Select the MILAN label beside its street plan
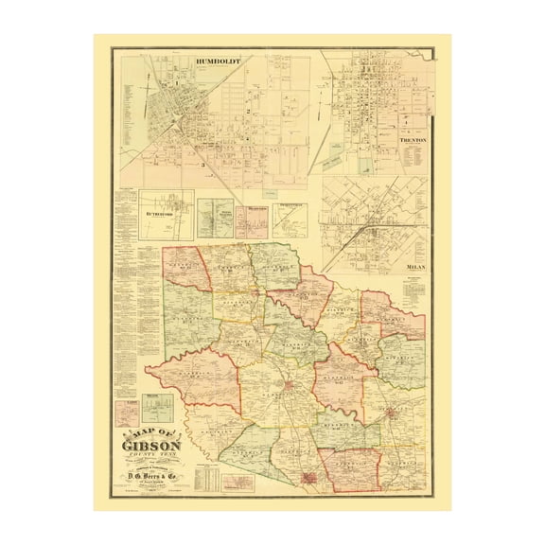pos(416,267)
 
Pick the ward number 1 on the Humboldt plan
pos(176,86)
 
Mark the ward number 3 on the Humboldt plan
pos(202,165)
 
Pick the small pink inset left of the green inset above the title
pos(126,413)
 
